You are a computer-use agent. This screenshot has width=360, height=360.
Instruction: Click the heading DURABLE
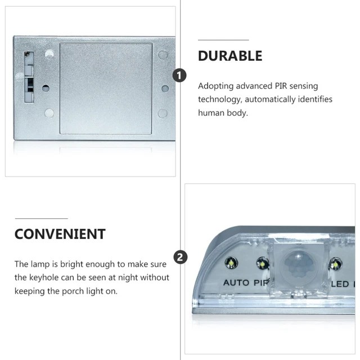tap(230, 56)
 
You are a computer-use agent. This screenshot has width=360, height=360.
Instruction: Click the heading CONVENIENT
tap(60, 234)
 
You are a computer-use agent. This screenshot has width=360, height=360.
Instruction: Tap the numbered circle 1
tap(179, 75)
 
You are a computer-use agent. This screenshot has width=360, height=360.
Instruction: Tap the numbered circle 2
tap(181, 257)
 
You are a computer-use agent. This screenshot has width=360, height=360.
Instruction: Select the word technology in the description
tap(220, 100)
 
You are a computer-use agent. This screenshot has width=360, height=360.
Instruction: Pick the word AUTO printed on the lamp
tap(236, 282)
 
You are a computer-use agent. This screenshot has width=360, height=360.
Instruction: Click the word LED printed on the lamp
tap(340, 284)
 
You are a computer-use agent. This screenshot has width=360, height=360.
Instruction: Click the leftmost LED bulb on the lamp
tap(231, 263)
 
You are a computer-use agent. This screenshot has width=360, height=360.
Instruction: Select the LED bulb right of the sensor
tap(335, 265)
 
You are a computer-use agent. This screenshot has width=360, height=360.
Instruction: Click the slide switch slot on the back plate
tap(29, 77)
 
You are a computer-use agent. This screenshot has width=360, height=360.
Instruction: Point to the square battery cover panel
tap(106, 88)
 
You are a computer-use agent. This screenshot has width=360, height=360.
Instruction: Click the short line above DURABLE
tap(223, 40)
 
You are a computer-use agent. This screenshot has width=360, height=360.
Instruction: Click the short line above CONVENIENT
tap(41, 219)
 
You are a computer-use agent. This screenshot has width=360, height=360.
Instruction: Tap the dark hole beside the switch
tap(46, 88)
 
